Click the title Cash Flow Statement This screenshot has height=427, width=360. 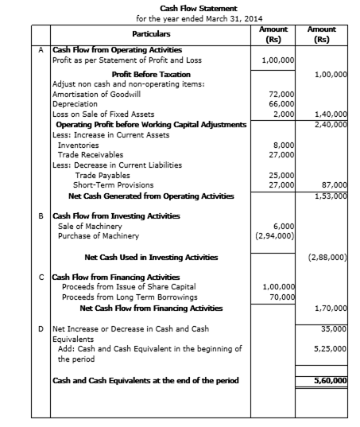199,9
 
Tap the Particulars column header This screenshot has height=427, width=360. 151,34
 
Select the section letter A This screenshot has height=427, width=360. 41,50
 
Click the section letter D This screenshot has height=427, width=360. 41,329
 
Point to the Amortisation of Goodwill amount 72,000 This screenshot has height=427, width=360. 281,94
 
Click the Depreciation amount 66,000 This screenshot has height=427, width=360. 281,104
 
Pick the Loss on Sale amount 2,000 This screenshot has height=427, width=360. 284,114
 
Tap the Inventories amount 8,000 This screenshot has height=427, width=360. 284,146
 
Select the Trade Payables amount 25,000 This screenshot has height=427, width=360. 281,176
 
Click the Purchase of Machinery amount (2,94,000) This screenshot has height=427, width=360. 275,236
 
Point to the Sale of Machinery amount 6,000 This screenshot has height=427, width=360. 284,227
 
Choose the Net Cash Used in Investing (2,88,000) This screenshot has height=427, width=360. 327,258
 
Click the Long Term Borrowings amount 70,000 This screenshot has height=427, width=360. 282,297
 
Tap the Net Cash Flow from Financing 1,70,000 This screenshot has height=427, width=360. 331,309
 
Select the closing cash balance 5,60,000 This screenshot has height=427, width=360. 331,380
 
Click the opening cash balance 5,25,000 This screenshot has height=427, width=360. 330,349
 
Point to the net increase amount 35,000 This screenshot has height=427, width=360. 334,329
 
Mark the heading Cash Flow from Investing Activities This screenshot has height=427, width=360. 116,216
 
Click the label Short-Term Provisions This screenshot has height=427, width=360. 113,185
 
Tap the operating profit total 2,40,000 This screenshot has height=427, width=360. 331,125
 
